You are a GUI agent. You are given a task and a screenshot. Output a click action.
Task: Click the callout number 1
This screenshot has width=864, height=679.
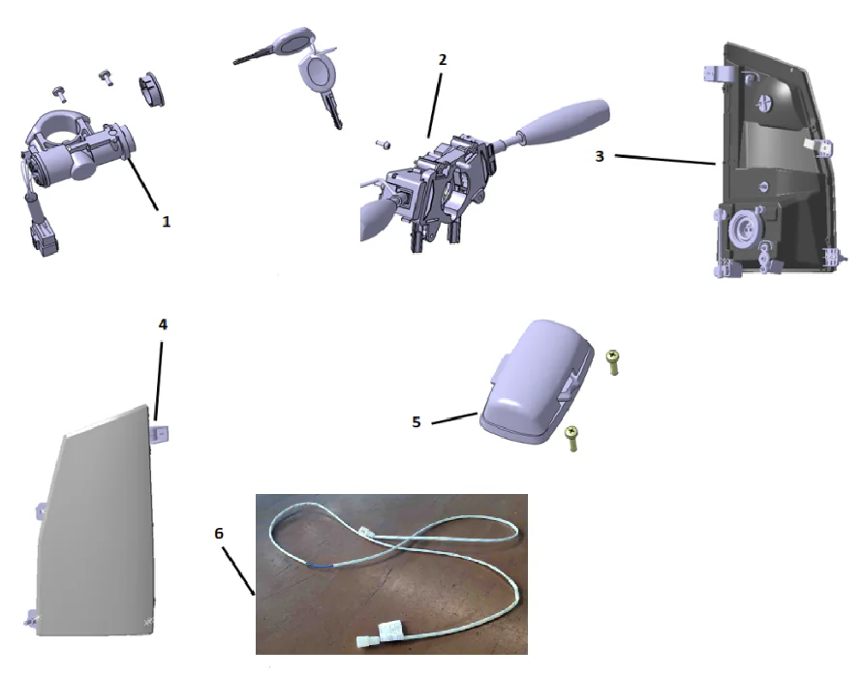pos(166,221)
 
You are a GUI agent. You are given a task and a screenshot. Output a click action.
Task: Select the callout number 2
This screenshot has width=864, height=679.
pos(443,59)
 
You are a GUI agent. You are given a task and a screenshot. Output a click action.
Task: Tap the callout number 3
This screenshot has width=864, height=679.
pos(600,156)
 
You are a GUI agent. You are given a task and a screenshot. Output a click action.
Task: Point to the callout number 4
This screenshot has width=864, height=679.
pos(163,324)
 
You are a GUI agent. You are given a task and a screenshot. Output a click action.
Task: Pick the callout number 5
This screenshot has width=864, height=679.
pos(417,422)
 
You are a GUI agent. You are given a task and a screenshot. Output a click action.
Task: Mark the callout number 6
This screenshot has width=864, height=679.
pos(219,533)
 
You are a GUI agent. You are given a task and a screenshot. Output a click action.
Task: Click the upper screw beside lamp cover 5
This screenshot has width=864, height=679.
pos(613,362)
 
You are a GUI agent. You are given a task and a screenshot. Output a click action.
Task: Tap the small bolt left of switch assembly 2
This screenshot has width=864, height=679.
pos(382,145)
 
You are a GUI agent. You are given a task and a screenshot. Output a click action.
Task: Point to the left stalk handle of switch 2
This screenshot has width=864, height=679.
pos(376,215)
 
